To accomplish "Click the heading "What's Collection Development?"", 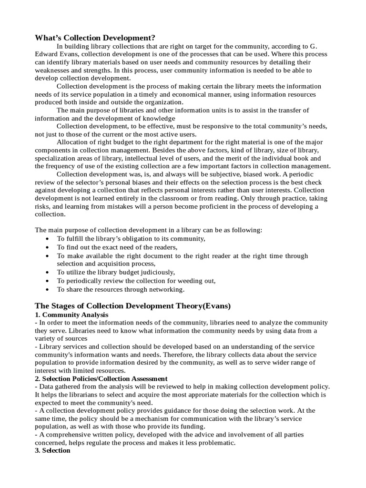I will coord(95,38).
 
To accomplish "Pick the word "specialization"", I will coord(58,158).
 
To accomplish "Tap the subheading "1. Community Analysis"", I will coord(71,315).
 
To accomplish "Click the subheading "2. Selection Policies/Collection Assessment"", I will coord(101,378).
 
